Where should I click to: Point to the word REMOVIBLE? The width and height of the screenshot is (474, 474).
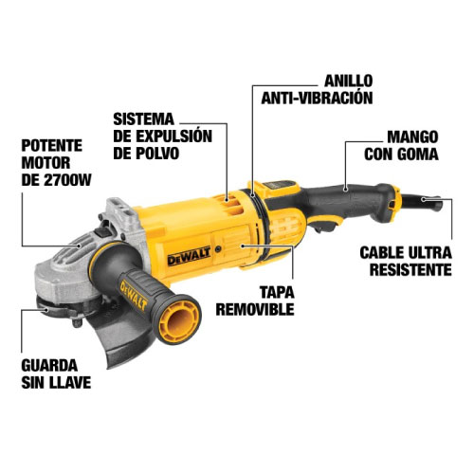[x=254, y=309]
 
